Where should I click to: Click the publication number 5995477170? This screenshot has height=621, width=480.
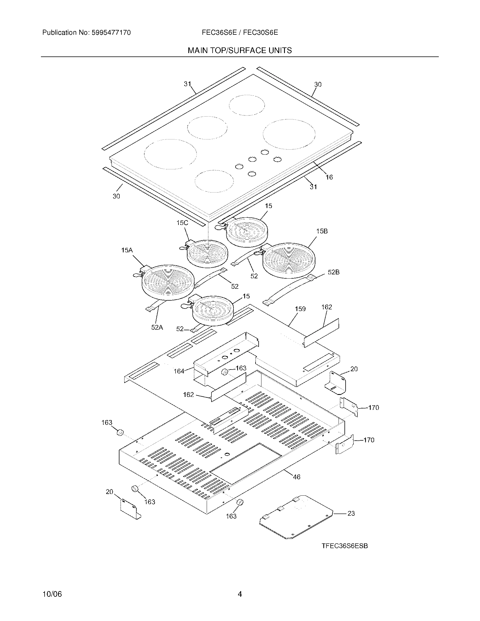(111, 33)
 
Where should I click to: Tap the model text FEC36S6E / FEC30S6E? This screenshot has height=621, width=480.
(240, 33)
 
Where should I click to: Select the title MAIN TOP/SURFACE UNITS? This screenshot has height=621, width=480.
(240, 51)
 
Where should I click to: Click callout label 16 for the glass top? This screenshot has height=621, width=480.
(329, 177)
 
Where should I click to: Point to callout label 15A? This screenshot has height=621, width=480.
(127, 250)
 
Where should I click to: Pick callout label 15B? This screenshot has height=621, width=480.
(322, 231)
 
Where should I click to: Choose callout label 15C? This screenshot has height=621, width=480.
(182, 223)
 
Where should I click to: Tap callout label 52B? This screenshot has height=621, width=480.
(333, 272)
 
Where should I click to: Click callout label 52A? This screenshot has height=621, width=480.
(157, 327)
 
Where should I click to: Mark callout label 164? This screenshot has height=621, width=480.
(179, 371)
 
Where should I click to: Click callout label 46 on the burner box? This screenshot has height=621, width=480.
(296, 477)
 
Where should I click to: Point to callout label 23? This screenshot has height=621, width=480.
(351, 513)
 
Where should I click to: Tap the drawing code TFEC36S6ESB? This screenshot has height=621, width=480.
(345, 546)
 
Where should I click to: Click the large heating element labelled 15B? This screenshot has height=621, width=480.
(289, 260)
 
